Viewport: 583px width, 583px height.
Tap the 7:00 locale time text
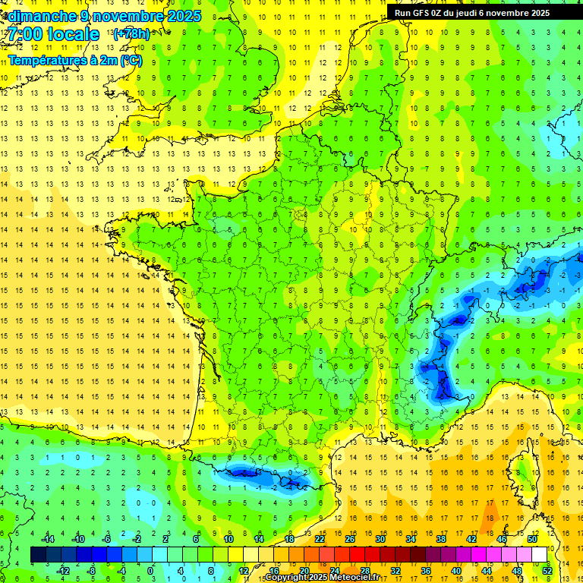[53, 34]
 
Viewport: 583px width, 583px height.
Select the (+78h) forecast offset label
[131, 33]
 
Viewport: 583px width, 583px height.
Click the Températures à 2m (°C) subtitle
[74, 59]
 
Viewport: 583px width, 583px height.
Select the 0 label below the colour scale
[150, 571]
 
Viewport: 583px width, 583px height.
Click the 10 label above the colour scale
[228, 539]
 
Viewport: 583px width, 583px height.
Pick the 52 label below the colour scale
[547, 571]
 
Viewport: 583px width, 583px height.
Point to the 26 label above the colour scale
[350, 539]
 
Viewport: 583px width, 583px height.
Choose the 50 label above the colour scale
[532, 539]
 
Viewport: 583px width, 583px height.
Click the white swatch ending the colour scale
[539, 555]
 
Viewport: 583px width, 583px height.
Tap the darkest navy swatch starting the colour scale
[38, 555]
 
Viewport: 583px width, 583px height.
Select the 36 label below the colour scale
[425, 571]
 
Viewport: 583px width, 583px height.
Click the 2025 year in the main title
[184, 16]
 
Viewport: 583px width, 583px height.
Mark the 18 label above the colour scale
[289, 539]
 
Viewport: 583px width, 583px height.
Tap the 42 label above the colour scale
[471, 539]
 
